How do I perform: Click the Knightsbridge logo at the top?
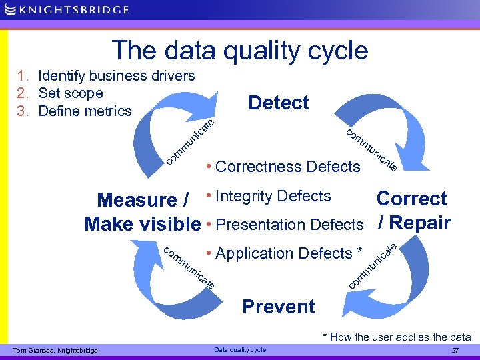click(x=67, y=11)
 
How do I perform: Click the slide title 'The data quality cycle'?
click(x=240, y=51)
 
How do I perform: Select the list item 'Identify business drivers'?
click(x=116, y=76)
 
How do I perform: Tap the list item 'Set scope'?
click(x=71, y=93)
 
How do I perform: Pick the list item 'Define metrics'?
click(x=85, y=111)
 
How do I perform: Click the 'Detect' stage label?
click(x=278, y=103)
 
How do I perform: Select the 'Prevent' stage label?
click(x=278, y=307)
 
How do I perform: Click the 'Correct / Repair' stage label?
click(x=413, y=211)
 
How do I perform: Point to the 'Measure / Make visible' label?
click(x=143, y=212)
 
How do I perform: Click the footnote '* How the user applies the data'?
click(x=397, y=337)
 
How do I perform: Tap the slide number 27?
click(x=455, y=350)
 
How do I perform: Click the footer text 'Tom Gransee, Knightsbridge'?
click(x=55, y=350)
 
